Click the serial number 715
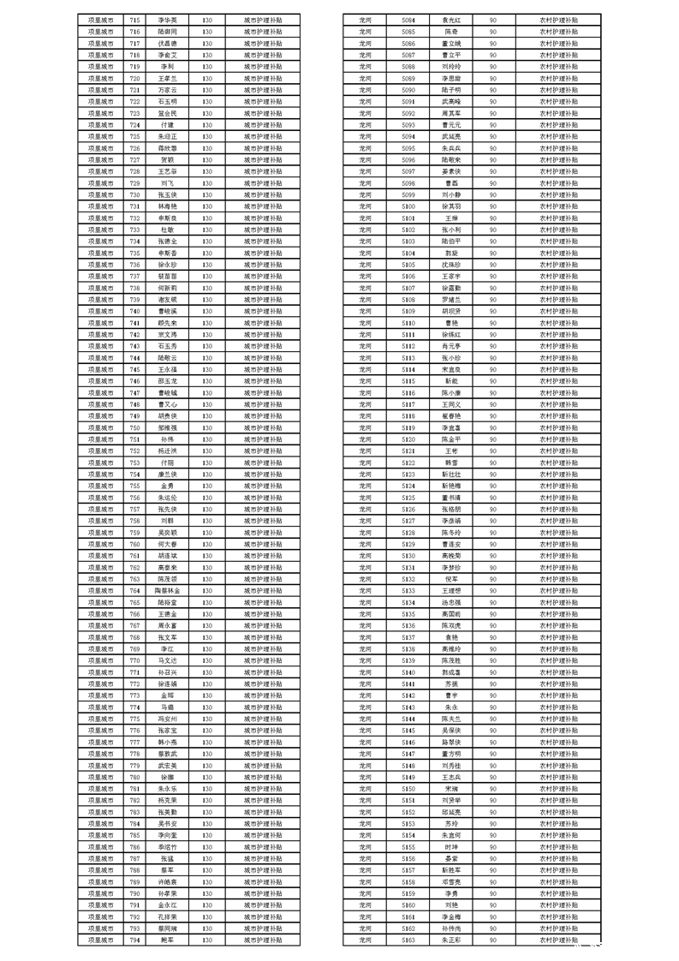pyautogui.click(x=134, y=19)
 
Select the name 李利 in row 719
pyautogui.click(x=167, y=66)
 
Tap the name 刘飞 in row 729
pyautogui.click(x=167, y=182)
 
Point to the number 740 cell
pyautogui.click(x=134, y=310)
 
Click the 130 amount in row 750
pyautogui.click(x=208, y=427)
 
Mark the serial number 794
pyautogui.click(x=134, y=940)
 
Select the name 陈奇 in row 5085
pyautogui.click(x=450, y=31)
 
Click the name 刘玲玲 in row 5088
pyautogui.click(x=450, y=66)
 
